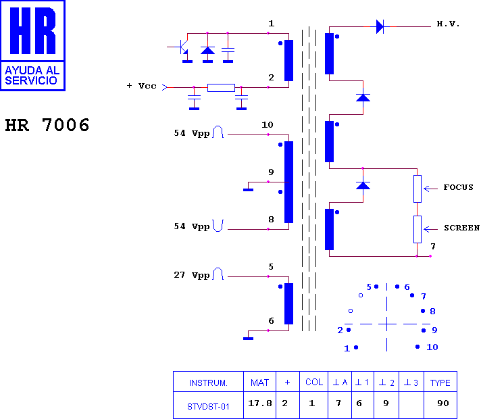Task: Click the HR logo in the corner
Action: pos(33,45)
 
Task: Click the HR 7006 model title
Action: pos(47,126)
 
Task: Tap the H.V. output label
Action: pos(448,24)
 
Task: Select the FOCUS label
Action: pos(458,187)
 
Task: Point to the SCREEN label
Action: pos(461,228)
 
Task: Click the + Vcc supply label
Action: pos(141,87)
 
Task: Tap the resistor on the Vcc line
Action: pos(221,87)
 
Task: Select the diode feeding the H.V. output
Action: pos(380,27)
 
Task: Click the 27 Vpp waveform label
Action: pos(192,276)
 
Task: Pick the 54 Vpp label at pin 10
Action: pos(192,134)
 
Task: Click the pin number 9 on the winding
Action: pos(271,172)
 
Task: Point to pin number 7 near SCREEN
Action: pos(433,246)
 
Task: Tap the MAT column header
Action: pos(260,383)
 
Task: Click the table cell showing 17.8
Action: pos(260,403)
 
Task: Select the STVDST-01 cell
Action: pos(208,407)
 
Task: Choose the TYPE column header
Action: pos(440,383)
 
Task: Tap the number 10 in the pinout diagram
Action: pos(432,347)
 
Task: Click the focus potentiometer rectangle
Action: pos(417,189)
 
